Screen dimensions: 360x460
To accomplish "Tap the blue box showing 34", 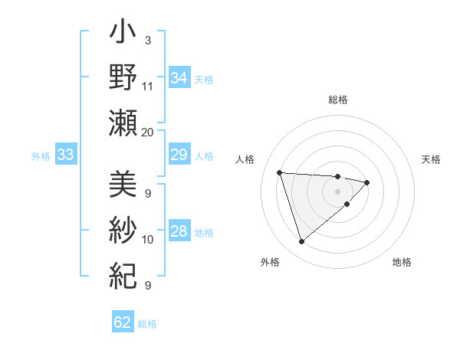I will [179, 78].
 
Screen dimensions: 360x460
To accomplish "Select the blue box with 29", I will [179, 155].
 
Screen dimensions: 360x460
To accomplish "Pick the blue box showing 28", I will [179, 232].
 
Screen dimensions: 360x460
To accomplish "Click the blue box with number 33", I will [65, 155].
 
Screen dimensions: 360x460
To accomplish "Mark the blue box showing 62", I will [123, 322].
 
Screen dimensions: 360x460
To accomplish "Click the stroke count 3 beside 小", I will [147, 40].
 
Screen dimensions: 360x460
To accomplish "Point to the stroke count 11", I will [148, 86].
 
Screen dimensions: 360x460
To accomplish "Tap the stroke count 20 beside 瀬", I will [148, 132].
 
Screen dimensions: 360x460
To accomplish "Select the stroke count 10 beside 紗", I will [148, 240].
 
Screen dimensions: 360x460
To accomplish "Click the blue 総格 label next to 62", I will [147, 324].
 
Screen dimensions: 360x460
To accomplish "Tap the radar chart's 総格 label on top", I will [338, 100].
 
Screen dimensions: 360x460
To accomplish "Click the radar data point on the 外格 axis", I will [301, 242].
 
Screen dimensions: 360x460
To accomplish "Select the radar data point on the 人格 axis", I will [280, 172].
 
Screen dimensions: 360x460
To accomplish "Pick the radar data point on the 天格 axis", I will [367, 182].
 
